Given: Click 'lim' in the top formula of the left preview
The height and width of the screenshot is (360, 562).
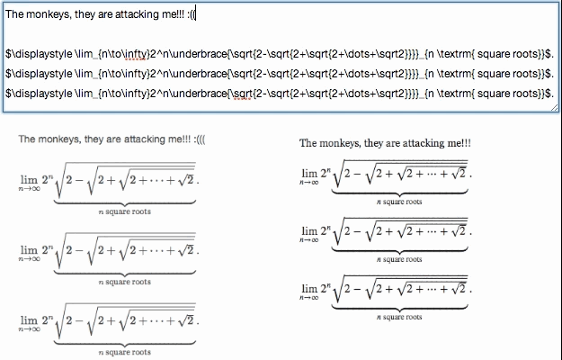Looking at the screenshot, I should tap(30, 179).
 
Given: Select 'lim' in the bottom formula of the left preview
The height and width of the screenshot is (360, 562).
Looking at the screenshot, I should tap(30, 321).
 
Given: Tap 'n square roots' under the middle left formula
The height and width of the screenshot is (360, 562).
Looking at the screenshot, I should tap(125, 282).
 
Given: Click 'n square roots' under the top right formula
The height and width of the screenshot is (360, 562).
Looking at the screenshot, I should tap(399, 202).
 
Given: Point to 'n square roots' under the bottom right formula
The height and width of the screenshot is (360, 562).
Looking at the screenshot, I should tap(399, 317).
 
